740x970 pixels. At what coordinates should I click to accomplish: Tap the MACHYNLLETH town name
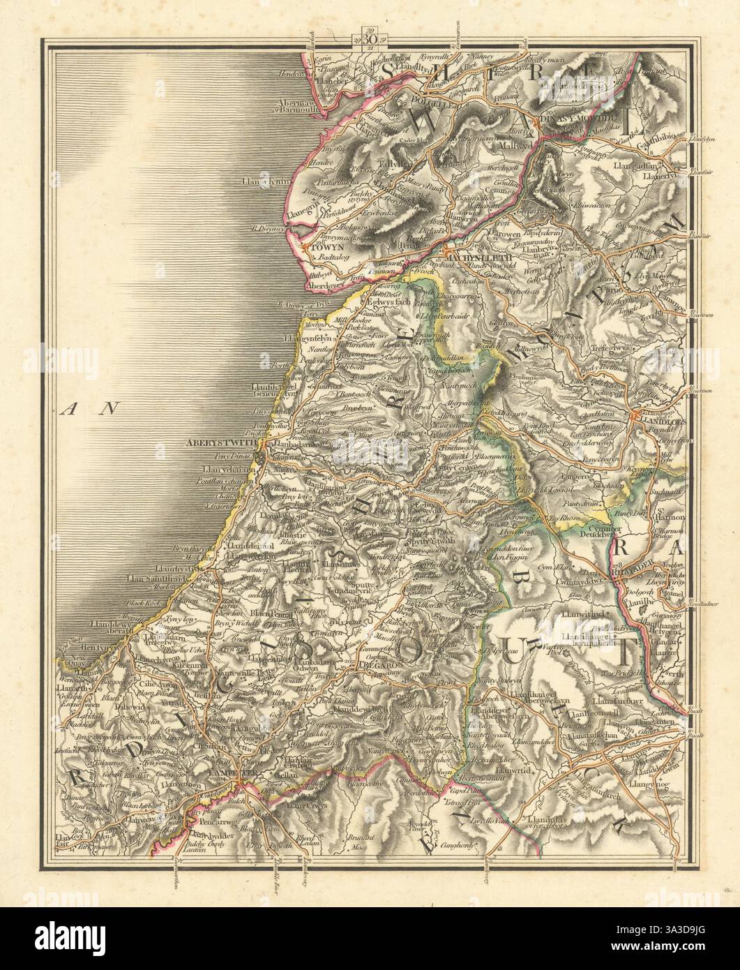pos(474,258)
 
